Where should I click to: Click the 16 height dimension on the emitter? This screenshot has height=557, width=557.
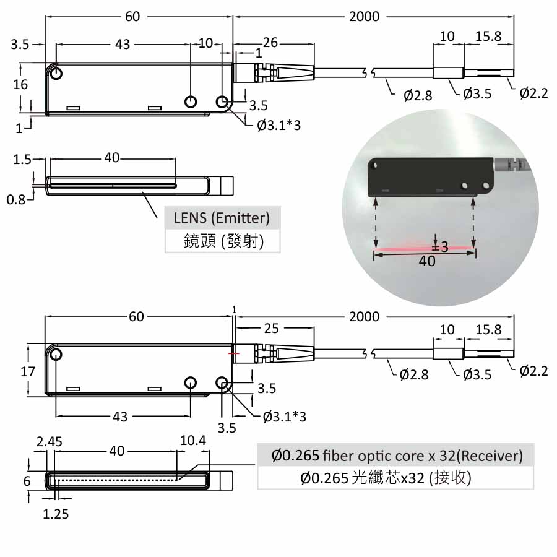click(20, 85)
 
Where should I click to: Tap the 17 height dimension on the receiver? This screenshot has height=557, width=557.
click(28, 371)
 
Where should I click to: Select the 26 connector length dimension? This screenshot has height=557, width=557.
click(270, 43)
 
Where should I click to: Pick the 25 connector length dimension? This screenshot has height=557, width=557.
click(272, 328)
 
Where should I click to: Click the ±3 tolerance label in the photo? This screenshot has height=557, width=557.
click(440, 246)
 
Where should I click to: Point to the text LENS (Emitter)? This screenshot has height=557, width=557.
click(222, 218)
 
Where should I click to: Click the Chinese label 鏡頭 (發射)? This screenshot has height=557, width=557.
click(223, 241)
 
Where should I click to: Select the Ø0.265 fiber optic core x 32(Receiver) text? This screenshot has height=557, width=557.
click(397, 456)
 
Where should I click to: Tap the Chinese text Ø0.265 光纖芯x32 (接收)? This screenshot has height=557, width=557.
click(386, 478)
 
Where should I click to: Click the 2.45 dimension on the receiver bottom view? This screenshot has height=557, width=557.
click(49, 441)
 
